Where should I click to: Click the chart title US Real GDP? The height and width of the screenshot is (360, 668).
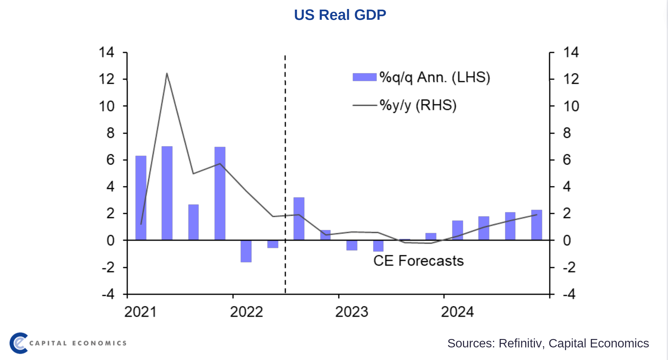click(x=340, y=15)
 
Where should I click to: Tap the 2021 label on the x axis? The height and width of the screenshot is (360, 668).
click(x=140, y=312)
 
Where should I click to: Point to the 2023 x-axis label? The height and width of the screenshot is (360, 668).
click(x=352, y=312)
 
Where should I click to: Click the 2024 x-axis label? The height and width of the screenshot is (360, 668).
click(x=457, y=312)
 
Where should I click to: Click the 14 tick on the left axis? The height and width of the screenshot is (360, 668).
click(x=106, y=52)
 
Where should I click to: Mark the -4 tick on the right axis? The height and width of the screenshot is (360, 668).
click(x=569, y=294)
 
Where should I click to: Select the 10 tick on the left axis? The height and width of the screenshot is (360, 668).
click(x=106, y=106)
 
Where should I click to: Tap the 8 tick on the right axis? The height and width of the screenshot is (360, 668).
click(x=567, y=133)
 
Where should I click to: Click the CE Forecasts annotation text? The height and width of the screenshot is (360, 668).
click(x=418, y=261)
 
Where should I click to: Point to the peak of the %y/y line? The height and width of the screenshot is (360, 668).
click(x=167, y=73)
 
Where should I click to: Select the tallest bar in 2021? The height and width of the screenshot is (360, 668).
click(x=167, y=193)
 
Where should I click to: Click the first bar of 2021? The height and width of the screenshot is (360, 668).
click(x=141, y=198)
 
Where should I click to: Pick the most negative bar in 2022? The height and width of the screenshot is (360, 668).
click(x=246, y=251)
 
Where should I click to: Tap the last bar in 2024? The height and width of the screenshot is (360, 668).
click(x=537, y=225)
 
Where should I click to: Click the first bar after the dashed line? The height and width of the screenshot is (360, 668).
click(x=299, y=219)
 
